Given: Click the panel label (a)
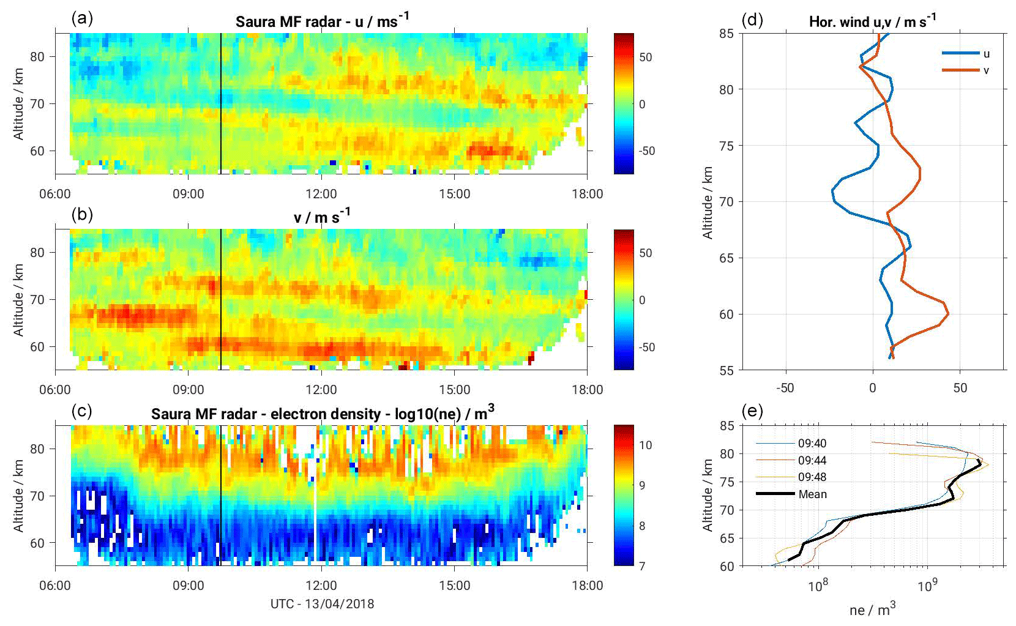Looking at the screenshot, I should [x=82, y=18].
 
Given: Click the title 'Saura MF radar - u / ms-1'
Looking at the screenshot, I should [x=322, y=21].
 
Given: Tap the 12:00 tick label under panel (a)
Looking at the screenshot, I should [x=321, y=194].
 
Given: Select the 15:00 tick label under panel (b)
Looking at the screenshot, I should [x=454, y=390].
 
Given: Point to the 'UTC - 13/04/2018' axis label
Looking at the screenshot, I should [x=322, y=604].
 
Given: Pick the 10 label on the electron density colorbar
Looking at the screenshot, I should [x=645, y=445].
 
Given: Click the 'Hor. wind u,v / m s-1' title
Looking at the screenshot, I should [x=872, y=21].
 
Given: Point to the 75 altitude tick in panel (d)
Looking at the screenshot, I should [x=727, y=146].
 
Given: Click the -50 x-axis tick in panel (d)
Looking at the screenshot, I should [x=785, y=387].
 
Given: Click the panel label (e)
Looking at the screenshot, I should [x=752, y=411].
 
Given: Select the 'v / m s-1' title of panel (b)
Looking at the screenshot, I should [x=322, y=217].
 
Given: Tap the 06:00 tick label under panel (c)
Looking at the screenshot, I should [x=55, y=586].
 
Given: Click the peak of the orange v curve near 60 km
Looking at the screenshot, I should [x=948, y=314].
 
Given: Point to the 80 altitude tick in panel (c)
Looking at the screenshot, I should [x=37, y=449].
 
